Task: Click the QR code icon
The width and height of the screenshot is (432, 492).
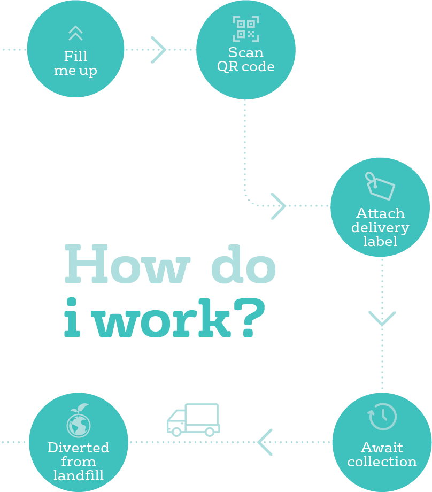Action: tap(245, 29)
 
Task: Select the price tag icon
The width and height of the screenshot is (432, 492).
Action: tap(380, 186)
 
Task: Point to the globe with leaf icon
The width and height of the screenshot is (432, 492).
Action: tap(79, 420)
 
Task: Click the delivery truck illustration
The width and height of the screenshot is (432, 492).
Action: tap(193, 419)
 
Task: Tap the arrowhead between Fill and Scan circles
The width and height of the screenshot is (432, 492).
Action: tap(158, 50)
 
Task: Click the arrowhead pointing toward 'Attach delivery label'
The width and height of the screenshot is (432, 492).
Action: tap(279, 206)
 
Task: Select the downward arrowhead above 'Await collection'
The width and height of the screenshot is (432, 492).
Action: tap(382, 319)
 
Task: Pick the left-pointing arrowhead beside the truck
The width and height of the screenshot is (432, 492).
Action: tap(265, 442)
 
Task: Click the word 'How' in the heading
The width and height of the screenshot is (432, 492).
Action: tap(127, 264)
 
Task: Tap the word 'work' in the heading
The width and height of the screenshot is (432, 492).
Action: tap(163, 319)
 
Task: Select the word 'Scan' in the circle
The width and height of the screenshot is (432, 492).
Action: tap(245, 52)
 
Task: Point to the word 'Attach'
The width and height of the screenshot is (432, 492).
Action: tap(380, 213)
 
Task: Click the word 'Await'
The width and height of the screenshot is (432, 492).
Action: tap(382, 448)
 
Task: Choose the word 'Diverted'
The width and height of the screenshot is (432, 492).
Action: tap(79, 448)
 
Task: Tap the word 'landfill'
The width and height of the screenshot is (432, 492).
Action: tap(79, 475)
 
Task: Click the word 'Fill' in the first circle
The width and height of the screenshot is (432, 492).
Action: tap(75, 56)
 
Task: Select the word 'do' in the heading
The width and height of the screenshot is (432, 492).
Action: tap(244, 264)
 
